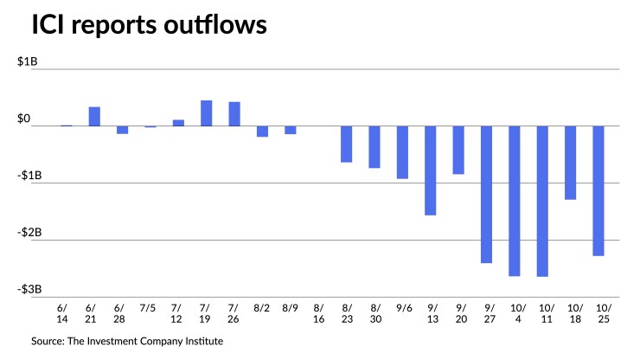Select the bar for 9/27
click(x=486, y=194)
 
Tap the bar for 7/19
click(x=207, y=113)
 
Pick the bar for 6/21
click(x=94, y=117)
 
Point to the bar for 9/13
click(x=430, y=170)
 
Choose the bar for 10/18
click(x=570, y=163)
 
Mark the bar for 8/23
click(x=346, y=145)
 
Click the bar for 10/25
click(x=598, y=190)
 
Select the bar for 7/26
click(x=234, y=114)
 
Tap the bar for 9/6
click(x=402, y=152)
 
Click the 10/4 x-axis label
click(x=515, y=312)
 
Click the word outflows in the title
click(x=208, y=26)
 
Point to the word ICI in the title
click(x=49, y=26)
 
